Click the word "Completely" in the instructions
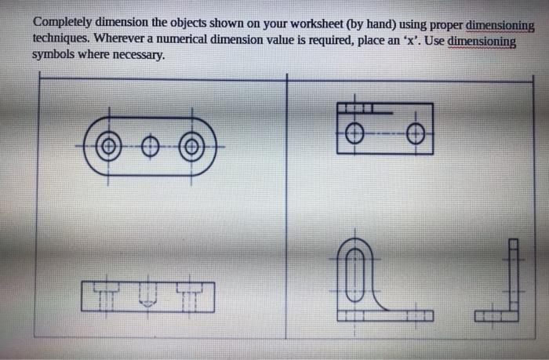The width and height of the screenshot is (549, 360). [x=62, y=23]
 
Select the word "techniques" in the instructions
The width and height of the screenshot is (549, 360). [x=61, y=38]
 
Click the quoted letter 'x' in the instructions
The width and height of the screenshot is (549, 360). [x=411, y=41]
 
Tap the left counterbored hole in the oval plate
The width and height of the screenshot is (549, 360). [x=108, y=147]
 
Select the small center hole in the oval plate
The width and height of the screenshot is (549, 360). [x=151, y=147]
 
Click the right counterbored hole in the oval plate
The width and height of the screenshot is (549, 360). [x=191, y=147]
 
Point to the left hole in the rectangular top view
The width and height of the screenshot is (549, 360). [x=354, y=133]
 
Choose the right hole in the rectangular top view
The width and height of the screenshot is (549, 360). [x=416, y=134]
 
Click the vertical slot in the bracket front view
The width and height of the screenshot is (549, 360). [x=355, y=275]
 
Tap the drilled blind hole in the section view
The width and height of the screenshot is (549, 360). [x=148, y=294]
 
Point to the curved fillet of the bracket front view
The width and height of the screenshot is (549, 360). [x=377, y=300]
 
